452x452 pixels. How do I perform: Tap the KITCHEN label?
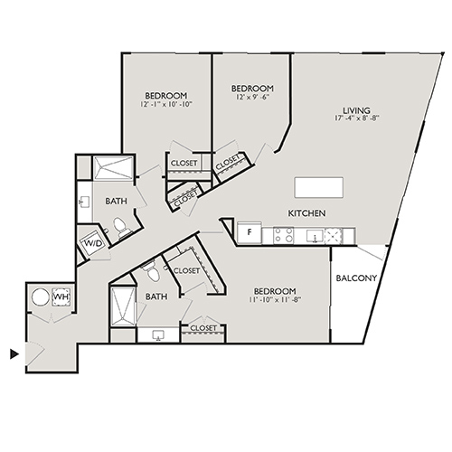pos(306,213)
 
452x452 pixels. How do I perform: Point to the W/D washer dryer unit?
pos(93,244)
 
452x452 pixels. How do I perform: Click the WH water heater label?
pos(61,297)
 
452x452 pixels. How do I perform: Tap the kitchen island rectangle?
pos(318,186)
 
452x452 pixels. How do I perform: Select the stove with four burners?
pos(282,236)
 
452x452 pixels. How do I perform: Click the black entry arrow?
pos(14,353)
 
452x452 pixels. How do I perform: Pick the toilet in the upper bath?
pos(121,233)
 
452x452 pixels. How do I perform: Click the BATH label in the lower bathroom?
pos(155,296)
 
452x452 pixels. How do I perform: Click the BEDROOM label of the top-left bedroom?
pos(165,96)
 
